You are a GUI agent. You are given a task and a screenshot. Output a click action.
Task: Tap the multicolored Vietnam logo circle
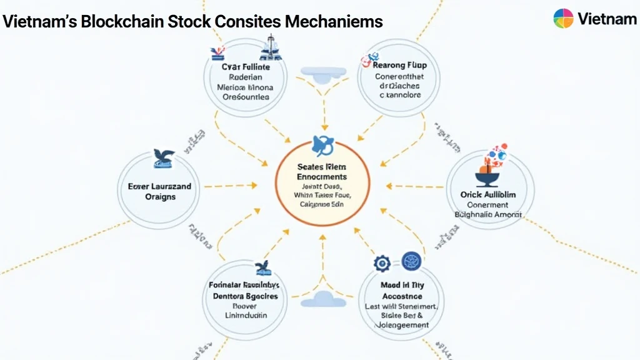pyautogui.click(x=563, y=19)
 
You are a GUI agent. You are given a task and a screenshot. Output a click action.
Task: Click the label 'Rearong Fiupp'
pyautogui.click(x=397, y=64)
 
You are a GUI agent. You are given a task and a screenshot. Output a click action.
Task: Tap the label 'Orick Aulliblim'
pyautogui.click(x=488, y=194)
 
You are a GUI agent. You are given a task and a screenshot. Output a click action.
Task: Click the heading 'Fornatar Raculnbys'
pyautogui.click(x=245, y=284)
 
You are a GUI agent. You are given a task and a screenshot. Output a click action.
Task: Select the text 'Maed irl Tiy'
pyautogui.click(x=402, y=284)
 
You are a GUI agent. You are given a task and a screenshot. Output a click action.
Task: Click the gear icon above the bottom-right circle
pyautogui.click(x=381, y=263)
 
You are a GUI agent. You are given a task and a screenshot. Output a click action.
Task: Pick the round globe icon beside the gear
pyautogui.click(x=411, y=262)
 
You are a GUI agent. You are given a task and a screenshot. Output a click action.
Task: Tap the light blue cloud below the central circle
pyautogui.click(x=323, y=299)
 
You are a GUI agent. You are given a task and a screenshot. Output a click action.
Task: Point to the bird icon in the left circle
pyautogui.click(x=163, y=159)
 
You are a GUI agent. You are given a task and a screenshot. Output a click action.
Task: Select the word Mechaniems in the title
pyautogui.click(x=333, y=22)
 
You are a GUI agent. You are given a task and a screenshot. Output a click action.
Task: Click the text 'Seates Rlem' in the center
pyautogui.click(x=322, y=167)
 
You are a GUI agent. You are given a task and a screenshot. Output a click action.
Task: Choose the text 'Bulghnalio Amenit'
pyautogui.click(x=489, y=214)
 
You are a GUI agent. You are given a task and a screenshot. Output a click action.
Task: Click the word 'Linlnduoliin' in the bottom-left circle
pyautogui.click(x=245, y=316)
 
